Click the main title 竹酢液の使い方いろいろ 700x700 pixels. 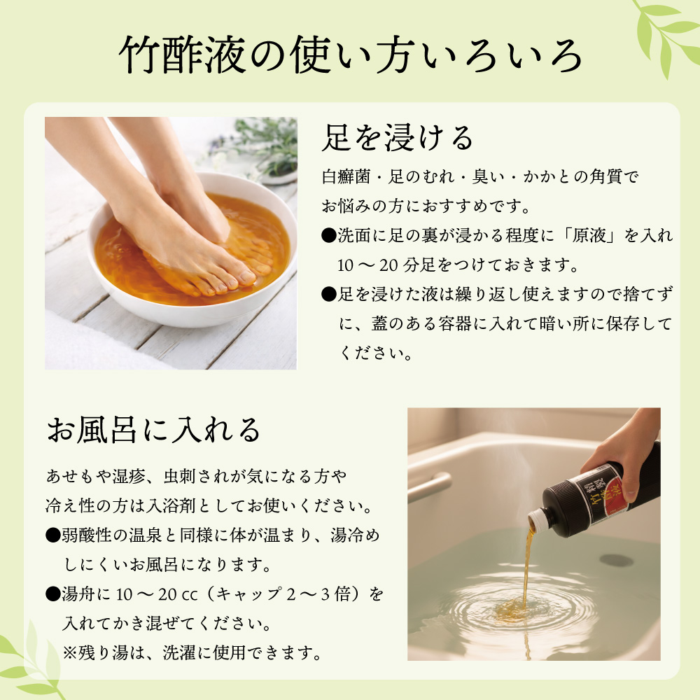click(350, 55)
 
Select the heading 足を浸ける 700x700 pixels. click(397, 138)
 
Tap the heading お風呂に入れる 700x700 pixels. click(153, 429)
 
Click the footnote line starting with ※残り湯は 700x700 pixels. click(192, 652)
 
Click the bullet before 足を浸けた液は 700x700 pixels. click(327, 295)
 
